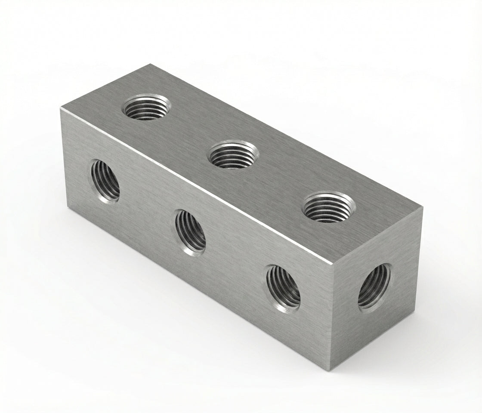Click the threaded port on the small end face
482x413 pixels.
(374, 286)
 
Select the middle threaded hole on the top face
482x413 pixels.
(233, 154)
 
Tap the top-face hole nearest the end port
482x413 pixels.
(329, 207)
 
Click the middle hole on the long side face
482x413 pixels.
(190, 232)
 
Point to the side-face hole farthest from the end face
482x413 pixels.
(105, 179)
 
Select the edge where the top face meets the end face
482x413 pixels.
(378, 235)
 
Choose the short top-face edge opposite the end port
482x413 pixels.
(106, 86)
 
